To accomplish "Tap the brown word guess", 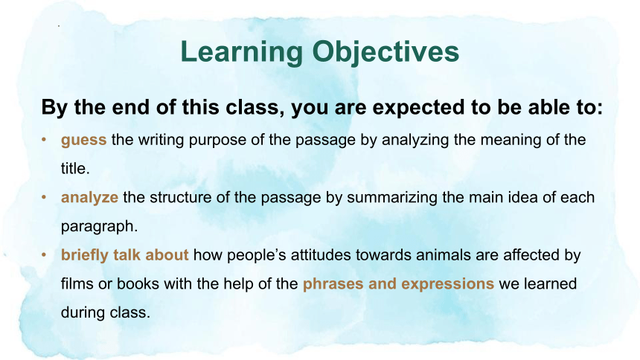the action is [x=83, y=141].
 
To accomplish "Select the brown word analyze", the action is [x=89, y=199].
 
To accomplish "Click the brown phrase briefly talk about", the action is [x=124, y=256].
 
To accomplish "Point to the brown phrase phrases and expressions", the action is [x=398, y=284].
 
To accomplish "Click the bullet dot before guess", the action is [x=44, y=140].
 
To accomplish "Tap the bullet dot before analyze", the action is [x=44, y=197].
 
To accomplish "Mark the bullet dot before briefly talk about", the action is [x=44, y=254].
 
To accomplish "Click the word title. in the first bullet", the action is [x=75, y=168].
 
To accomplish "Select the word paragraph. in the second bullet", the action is [x=99, y=227].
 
